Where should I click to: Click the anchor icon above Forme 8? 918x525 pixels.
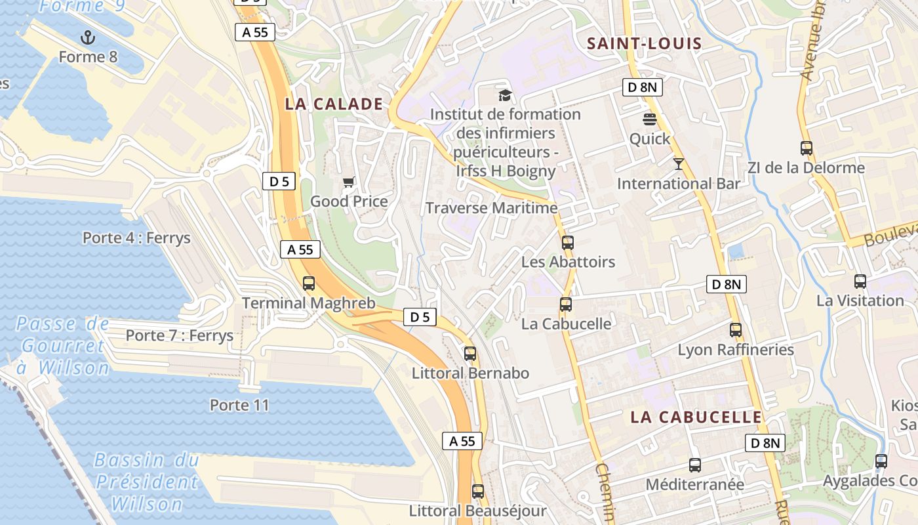tap(87, 37)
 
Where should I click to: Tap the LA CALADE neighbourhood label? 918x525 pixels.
tap(334, 104)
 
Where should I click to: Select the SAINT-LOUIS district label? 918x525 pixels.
tap(644, 44)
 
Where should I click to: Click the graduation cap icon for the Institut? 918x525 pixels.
tap(504, 95)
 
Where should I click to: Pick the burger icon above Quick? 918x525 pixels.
tap(650, 119)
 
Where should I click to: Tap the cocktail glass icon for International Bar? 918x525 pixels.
tap(679, 163)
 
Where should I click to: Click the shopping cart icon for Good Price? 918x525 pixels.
tap(349, 182)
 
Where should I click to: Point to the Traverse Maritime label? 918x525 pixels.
tap(491, 208)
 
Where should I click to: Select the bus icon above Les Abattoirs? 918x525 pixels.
tap(568, 242)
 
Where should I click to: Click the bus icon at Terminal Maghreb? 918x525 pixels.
tap(309, 283)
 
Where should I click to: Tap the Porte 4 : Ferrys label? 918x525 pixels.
tap(136, 238)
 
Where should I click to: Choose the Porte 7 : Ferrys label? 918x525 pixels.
tap(179, 335)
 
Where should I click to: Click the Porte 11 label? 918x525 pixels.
tap(239, 405)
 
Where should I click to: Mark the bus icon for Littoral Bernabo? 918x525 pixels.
tap(470, 354)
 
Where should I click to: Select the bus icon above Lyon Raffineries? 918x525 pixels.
tap(736, 330)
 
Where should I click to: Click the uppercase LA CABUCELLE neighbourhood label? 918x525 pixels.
tap(696, 417)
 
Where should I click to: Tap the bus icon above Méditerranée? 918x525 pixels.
tap(695, 465)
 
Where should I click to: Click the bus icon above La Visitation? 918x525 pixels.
tap(860, 282)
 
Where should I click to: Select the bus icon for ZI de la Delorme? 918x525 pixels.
tap(807, 148)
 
